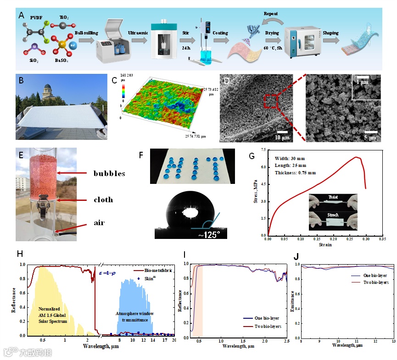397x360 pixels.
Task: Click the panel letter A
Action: pos(21,15)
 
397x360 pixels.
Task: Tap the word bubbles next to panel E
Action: pos(109,173)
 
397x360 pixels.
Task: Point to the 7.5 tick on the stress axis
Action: pos(263,150)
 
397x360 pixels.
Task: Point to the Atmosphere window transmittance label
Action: pos(133,316)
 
